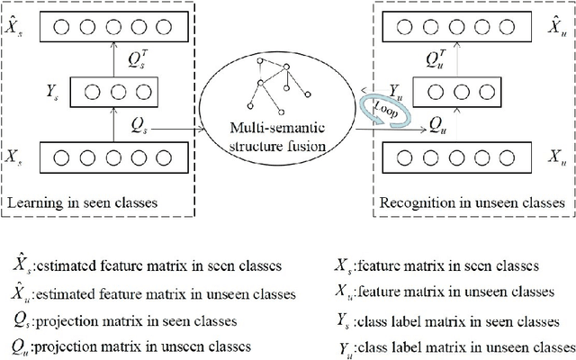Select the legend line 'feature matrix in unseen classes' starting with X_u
click(438, 292)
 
